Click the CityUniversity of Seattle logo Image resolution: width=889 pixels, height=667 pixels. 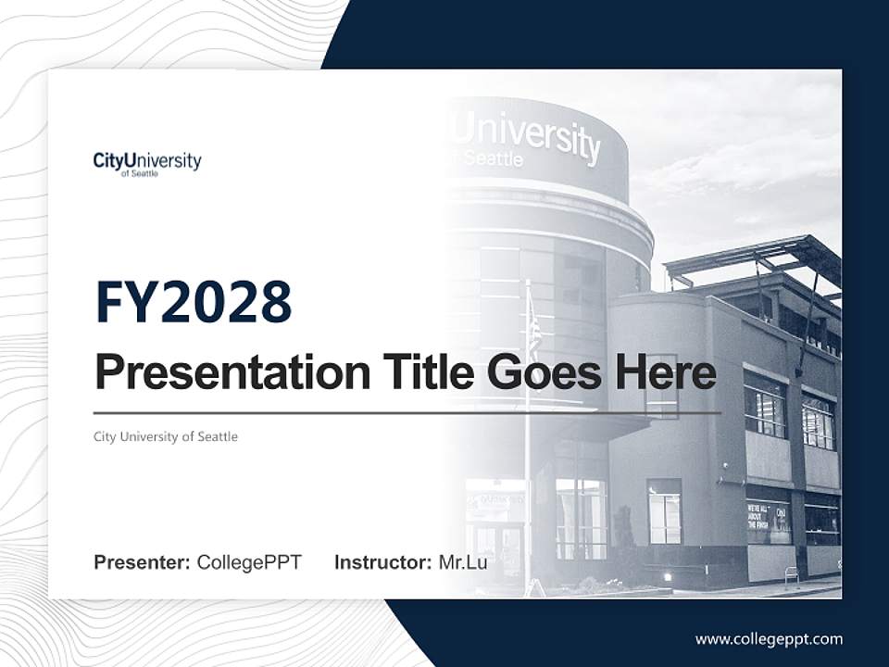click(146, 163)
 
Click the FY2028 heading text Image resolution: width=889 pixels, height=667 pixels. click(194, 302)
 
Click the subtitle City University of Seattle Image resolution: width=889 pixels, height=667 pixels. click(166, 436)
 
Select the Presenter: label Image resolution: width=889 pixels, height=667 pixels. click(142, 562)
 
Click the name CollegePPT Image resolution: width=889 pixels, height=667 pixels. click(249, 562)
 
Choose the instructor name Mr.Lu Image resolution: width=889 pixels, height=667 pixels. click(463, 562)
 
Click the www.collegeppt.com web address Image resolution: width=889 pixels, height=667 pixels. click(769, 639)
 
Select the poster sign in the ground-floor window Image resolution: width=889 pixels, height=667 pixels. click(768, 522)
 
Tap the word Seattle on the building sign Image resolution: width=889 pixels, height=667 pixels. click(493, 158)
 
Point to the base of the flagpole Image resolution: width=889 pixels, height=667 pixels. click(531, 589)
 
